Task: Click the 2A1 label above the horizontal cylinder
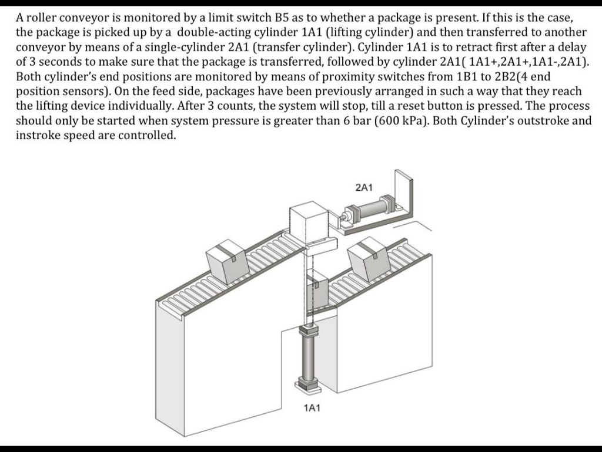tap(364, 187)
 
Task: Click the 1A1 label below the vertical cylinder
tap(312, 408)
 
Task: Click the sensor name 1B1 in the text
tap(466, 76)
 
